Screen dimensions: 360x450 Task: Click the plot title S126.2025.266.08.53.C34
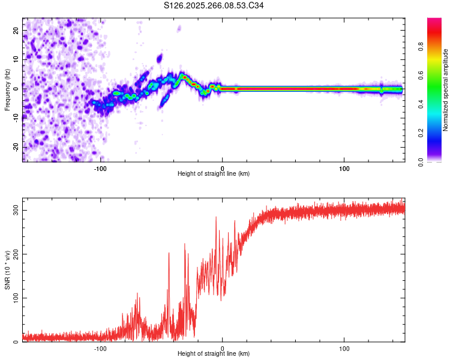(x=214, y=6)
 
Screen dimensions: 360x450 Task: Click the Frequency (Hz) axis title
(x=7, y=89)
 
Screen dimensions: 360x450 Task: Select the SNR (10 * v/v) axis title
(x=7, y=269)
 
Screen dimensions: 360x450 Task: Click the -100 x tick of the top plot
(x=100, y=168)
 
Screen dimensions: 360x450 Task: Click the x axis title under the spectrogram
(x=214, y=174)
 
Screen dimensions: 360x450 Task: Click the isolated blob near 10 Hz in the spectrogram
(x=160, y=58)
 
